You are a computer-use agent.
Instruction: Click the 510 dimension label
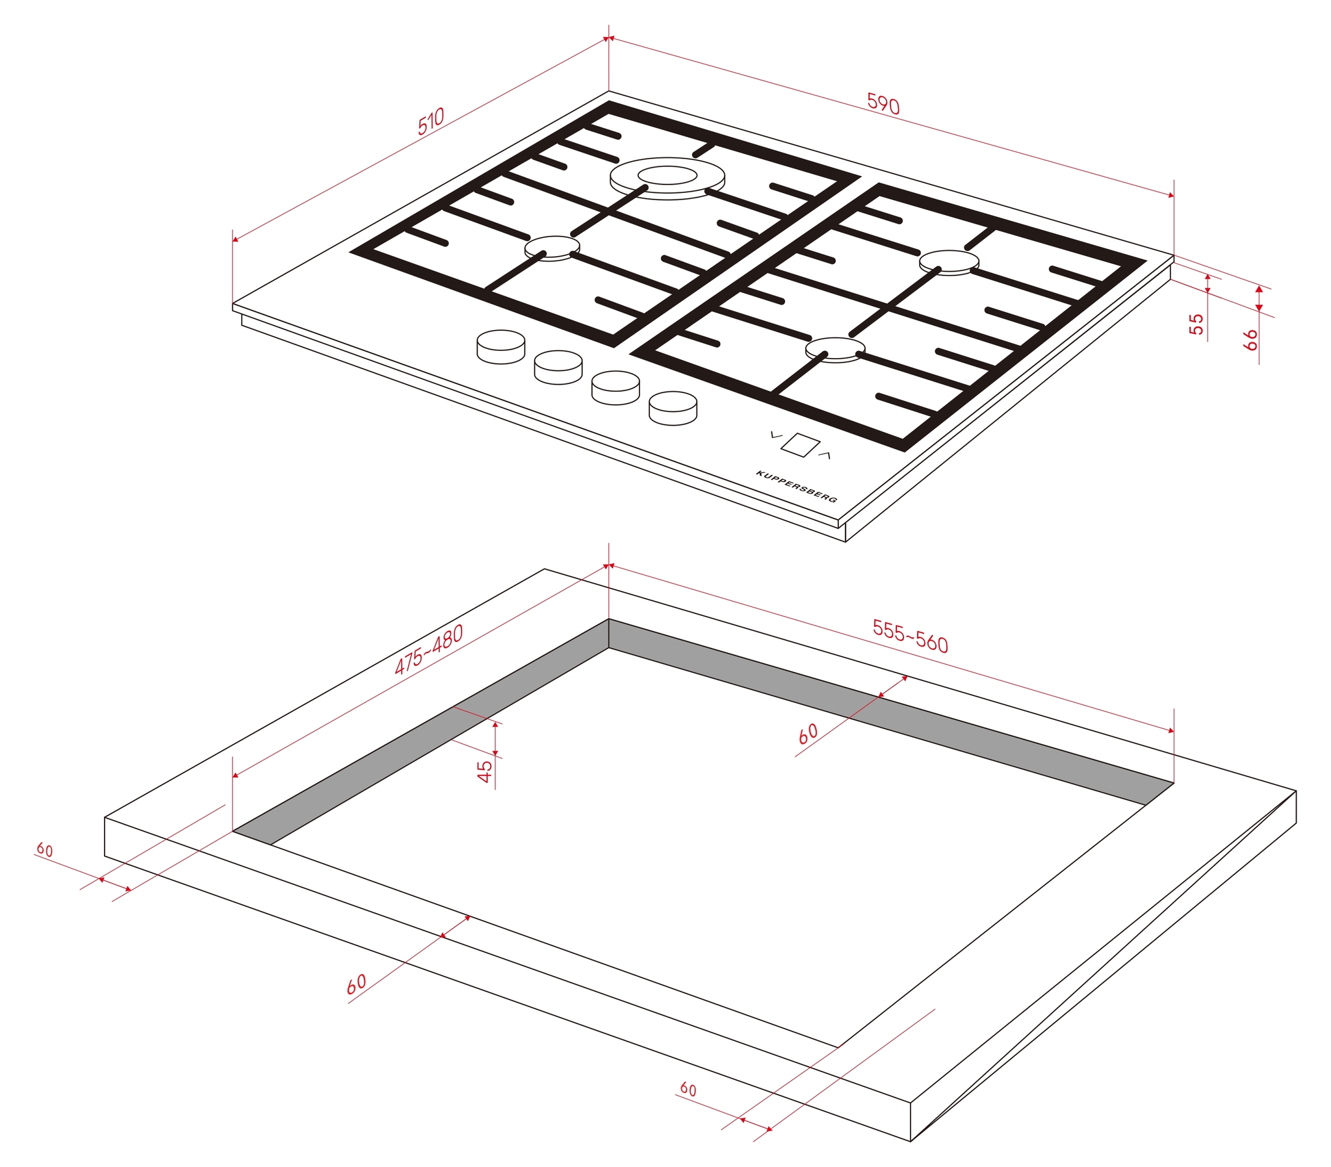(x=431, y=121)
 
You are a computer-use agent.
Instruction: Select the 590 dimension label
(x=884, y=103)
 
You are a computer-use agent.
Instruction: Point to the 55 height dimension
(x=1196, y=324)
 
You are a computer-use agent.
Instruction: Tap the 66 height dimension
(x=1250, y=339)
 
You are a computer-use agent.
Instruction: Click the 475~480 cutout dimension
(x=429, y=649)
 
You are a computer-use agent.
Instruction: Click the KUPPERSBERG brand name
(x=796, y=487)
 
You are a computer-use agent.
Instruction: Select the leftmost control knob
(x=501, y=346)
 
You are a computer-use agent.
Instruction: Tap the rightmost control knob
(x=673, y=408)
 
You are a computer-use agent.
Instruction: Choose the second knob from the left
(x=558, y=367)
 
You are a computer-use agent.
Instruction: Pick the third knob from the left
(x=615, y=387)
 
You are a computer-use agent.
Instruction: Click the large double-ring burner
(x=667, y=178)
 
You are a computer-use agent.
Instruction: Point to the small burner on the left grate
(x=552, y=248)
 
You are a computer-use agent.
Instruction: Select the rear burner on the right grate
(x=949, y=263)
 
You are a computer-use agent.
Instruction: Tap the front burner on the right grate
(x=836, y=350)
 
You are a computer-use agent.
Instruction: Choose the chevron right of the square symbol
(x=824, y=455)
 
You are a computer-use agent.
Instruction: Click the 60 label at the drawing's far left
(x=44, y=849)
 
